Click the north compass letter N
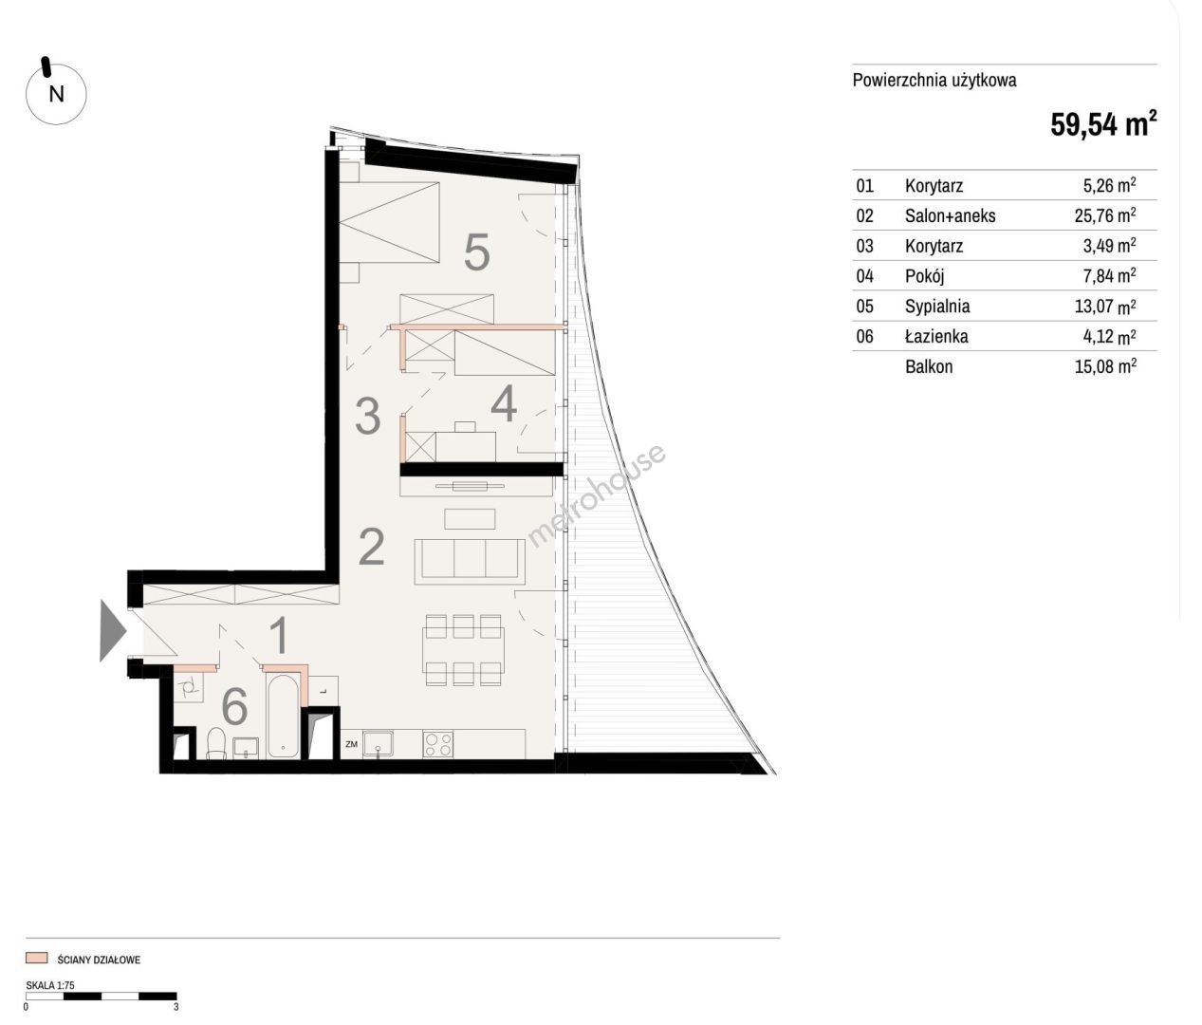pyautogui.click(x=56, y=94)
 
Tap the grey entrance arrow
pyautogui.click(x=113, y=630)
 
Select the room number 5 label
pyautogui.click(x=477, y=252)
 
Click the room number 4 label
pyautogui.click(x=504, y=405)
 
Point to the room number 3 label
pyautogui.click(x=368, y=416)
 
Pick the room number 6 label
pyautogui.click(x=235, y=706)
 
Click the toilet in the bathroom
pyautogui.click(x=216, y=743)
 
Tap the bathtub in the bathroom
pyautogui.click(x=284, y=716)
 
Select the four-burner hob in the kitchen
pyautogui.click(x=438, y=745)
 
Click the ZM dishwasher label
pyautogui.click(x=351, y=744)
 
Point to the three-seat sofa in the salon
pyautogui.click(x=470, y=561)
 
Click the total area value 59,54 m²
pyautogui.click(x=1103, y=124)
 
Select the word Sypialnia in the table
pyautogui.click(x=936, y=306)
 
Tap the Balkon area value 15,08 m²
pyautogui.click(x=1105, y=366)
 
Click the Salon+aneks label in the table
pyautogui.click(x=950, y=215)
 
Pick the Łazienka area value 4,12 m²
pyautogui.click(x=1109, y=336)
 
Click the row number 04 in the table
pyautogui.click(x=864, y=276)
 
